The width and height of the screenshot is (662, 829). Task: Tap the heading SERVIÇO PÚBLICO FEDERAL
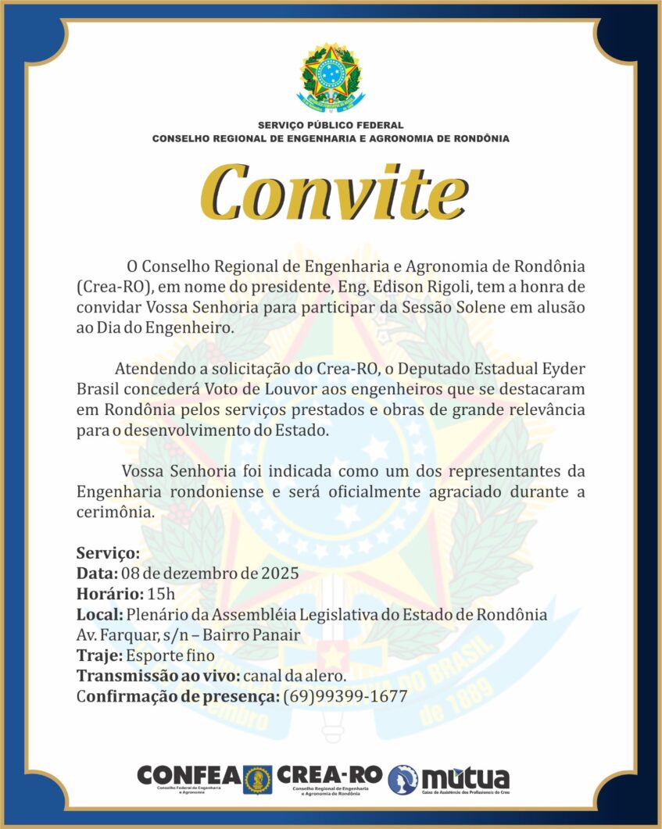[331, 125]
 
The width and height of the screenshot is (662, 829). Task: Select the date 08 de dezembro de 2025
[210, 574]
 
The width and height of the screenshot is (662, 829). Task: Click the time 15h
[161, 594]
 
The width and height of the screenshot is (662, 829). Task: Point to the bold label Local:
[100, 614]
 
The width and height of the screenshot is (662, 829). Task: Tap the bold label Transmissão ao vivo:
[157, 675]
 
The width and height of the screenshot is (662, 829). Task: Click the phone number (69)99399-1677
[345, 695]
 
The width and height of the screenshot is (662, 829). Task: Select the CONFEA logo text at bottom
[188, 775]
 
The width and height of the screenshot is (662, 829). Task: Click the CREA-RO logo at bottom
[330, 776]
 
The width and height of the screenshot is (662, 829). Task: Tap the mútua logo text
[465, 777]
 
